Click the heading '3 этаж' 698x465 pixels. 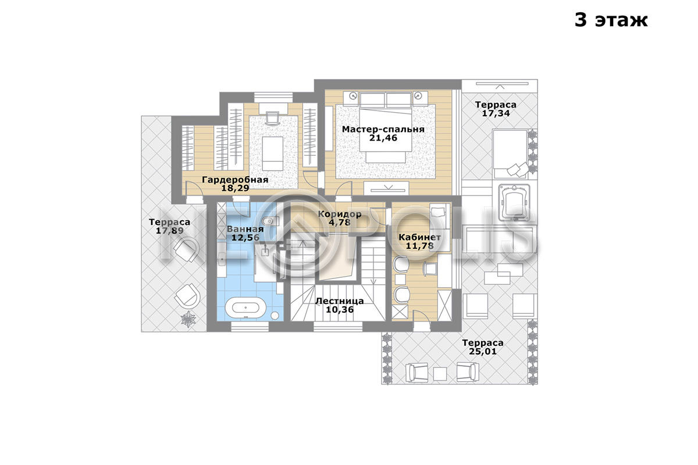click(x=611, y=20)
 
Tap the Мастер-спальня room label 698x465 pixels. click(x=383, y=129)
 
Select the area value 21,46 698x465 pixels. click(x=383, y=138)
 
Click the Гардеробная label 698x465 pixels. click(x=235, y=180)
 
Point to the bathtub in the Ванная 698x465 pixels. click(x=245, y=307)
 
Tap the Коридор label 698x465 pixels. click(x=340, y=214)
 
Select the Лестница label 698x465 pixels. click(x=340, y=301)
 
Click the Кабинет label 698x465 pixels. click(x=420, y=237)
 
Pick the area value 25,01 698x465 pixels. click(x=483, y=351)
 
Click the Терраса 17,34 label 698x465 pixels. click(x=496, y=109)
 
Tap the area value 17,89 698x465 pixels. click(x=169, y=231)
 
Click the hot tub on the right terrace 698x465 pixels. click(x=514, y=202)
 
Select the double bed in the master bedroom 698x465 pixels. click(x=386, y=127)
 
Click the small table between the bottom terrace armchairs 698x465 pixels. click(x=440, y=374)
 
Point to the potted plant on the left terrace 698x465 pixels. click(x=188, y=319)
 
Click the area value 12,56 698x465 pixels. click(x=245, y=238)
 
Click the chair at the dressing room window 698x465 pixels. click(x=273, y=119)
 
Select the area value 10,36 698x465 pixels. click(x=340, y=310)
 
